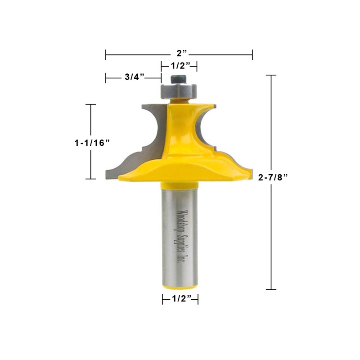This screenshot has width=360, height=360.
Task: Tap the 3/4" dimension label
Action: tap(134, 77)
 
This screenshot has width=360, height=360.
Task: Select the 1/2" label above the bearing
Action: tap(179, 66)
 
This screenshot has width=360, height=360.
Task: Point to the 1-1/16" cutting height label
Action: tap(92, 142)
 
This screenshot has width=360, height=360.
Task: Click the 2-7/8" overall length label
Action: tap(273, 177)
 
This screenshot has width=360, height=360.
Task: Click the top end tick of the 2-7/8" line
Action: tap(270, 75)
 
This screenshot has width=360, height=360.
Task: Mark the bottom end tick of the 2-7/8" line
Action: tap(270, 289)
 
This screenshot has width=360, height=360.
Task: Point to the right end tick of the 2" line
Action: tap(252, 54)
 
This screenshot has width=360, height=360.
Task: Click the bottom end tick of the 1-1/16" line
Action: tap(91, 179)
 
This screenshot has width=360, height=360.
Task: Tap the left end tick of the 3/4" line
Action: tap(106, 78)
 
